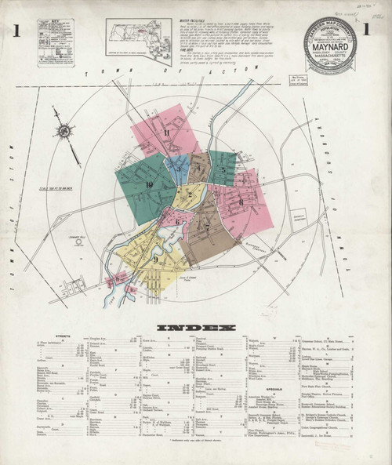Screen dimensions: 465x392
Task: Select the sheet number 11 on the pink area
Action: click(167, 132)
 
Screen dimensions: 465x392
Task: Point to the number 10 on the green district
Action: click(149, 184)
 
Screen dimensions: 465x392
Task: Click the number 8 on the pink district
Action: click(241, 202)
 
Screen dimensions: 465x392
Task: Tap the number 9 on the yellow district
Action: click(155, 259)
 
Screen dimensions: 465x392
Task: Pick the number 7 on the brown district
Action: click(207, 228)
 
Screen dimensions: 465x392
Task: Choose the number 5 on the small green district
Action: click(223, 169)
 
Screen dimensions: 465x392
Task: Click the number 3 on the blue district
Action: click(177, 167)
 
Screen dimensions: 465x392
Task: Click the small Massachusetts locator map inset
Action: click(139, 40)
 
